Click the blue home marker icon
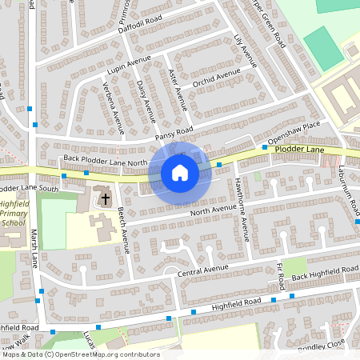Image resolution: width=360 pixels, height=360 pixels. pyautogui.click(x=180, y=172)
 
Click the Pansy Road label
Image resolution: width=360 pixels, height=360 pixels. pyautogui.click(x=174, y=134)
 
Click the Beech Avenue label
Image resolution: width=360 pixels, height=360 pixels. pyautogui.click(x=122, y=229)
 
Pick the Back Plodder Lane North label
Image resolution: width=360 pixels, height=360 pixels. pyautogui.click(x=106, y=160)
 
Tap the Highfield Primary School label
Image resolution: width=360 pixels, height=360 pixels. pyautogui.click(x=15, y=214)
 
